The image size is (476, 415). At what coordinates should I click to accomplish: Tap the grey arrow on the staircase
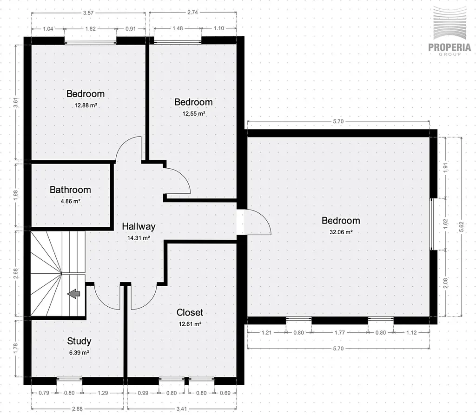tap(73, 294)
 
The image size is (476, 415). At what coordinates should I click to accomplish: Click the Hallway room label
tap(139, 226)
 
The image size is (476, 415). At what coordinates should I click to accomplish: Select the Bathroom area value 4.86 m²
tap(71, 201)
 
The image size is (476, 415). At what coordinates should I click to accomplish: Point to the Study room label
tap(79, 341)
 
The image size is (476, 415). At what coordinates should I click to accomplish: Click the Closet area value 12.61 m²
tap(190, 324)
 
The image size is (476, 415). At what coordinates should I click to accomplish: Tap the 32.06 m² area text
tap(341, 232)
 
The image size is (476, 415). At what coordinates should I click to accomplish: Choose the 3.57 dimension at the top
tap(88, 13)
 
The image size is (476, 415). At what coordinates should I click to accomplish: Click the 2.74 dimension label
tap(192, 13)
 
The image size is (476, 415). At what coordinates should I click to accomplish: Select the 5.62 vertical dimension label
tap(462, 227)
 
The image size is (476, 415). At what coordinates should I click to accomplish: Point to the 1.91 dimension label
tap(445, 168)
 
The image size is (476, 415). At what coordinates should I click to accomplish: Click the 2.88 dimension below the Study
tap(78, 408)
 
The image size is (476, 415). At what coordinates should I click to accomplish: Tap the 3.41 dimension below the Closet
tap(182, 408)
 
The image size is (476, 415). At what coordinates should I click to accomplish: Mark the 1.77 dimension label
tap(340, 332)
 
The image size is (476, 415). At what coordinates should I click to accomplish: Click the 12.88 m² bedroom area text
tap(86, 105)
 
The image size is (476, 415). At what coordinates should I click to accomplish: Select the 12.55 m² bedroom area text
tap(194, 113)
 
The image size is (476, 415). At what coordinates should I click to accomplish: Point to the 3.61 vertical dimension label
tap(16, 102)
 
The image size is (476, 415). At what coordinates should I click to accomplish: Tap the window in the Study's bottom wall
tap(69, 379)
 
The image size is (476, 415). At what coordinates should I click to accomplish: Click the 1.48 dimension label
tap(178, 28)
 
